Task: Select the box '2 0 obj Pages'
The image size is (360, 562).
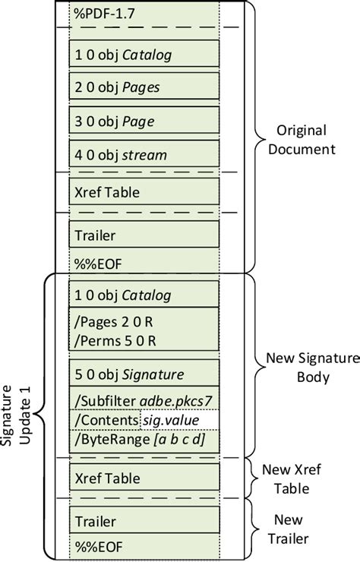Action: click(144, 87)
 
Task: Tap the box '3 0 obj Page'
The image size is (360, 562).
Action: click(144, 121)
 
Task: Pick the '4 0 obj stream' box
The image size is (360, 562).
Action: click(144, 154)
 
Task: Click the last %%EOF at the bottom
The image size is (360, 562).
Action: click(99, 546)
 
